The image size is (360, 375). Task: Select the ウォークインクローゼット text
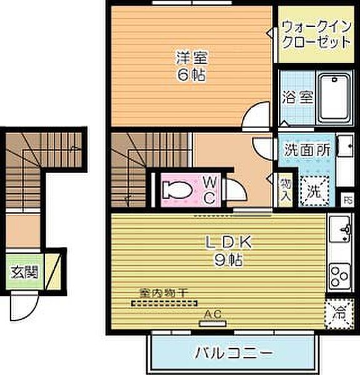click(316, 35)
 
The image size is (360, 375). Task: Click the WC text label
click(210, 189)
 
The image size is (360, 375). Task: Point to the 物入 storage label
click(284, 186)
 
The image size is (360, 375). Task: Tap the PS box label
click(349, 200)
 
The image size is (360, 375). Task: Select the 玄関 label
click(24, 272)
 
